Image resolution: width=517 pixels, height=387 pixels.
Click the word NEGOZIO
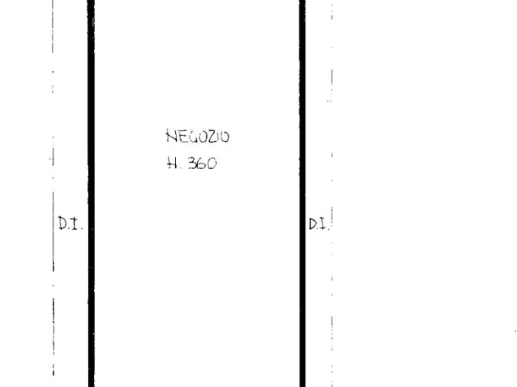pyautogui.click(x=198, y=136)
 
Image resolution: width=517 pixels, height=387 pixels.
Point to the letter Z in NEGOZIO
pyautogui.click(x=213, y=137)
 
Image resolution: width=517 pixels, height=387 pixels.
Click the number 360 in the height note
pyautogui.click(x=202, y=163)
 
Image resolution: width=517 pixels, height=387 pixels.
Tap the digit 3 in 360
pyautogui.click(x=192, y=163)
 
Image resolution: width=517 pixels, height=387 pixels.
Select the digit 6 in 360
pyautogui.click(x=202, y=164)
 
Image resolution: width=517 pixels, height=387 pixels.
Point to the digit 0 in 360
pyautogui.click(x=212, y=163)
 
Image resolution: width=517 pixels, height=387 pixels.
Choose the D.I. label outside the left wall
pyautogui.click(x=70, y=223)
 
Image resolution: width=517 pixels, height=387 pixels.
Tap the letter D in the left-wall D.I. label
pyautogui.click(x=63, y=223)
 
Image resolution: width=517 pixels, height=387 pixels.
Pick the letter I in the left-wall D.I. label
pyautogui.click(x=74, y=223)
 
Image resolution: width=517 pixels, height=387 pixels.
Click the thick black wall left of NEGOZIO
pyautogui.click(x=91, y=193)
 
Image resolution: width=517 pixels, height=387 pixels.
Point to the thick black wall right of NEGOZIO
pyautogui.click(x=303, y=193)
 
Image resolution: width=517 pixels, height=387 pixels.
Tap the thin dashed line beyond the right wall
pyautogui.click(x=332, y=193)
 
